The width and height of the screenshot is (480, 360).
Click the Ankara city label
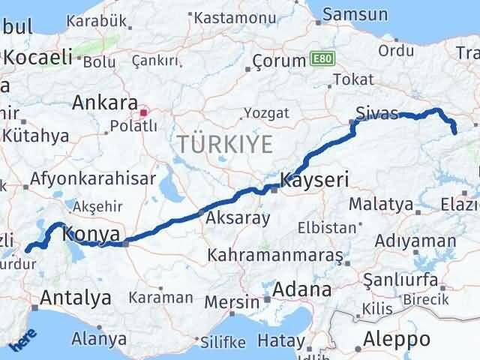click(x=105, y=103)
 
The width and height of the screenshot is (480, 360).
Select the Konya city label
click(x=91, y=235)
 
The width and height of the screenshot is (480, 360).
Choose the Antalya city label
click(x=76, y=298)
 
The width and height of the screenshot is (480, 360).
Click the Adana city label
click(x=303, y=289)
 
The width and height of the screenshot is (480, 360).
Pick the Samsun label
click(x=355, y=13)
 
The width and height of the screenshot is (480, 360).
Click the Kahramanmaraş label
click(x=276, y=256)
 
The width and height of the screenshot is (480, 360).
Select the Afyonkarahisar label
click(x=94, y=178)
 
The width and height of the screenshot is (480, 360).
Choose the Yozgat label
click(x=264, y=114)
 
